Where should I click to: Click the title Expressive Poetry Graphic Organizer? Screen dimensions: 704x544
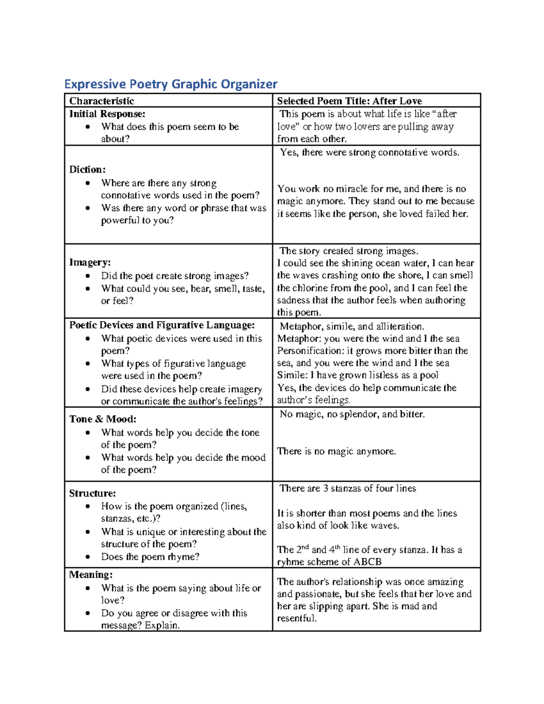point(170,84)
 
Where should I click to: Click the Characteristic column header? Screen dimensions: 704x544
point(102,101)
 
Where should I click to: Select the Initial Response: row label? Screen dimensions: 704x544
point(107,114)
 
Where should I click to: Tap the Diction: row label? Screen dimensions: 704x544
point(87,170)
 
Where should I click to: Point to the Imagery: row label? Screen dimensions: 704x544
point(90,262)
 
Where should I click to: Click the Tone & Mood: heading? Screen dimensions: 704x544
point(102,419)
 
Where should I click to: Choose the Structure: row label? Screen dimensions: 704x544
point(92,493)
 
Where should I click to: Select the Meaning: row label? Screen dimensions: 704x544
point(91,575)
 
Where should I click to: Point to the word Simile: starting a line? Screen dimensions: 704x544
point(292,375)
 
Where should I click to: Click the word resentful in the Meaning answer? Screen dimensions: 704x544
point(296,618)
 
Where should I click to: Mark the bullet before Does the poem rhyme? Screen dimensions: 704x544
point(87,557)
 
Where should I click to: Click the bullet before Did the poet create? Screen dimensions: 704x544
point(87,276)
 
